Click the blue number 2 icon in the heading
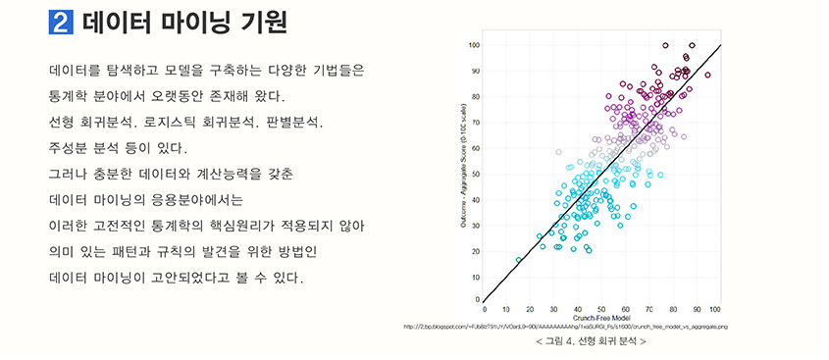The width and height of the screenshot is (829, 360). (61, 23)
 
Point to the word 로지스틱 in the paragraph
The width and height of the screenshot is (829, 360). (172, 124)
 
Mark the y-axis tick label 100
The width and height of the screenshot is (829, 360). (474, 45)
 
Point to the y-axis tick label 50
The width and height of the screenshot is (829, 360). (476, 173)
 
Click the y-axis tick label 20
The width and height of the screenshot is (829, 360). (476, 249)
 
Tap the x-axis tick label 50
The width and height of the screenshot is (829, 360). (600, 309)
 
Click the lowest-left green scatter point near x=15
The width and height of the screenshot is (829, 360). (519, 260)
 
